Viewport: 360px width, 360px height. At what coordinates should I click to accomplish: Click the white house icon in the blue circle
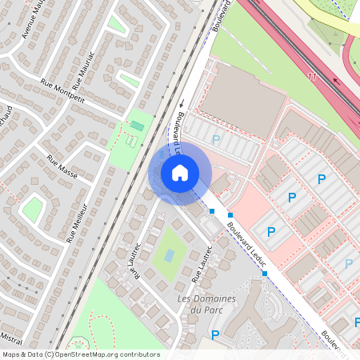tap(180, 172)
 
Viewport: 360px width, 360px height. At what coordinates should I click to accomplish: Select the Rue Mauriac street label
tap(83, 71)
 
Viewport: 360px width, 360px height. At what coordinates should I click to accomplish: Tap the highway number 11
tap(312, 76)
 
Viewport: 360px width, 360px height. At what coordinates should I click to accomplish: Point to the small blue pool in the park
tap(170, 255)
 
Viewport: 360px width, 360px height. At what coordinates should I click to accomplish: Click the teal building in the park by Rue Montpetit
tap(138, 126)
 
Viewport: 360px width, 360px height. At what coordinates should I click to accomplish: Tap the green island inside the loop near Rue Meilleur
tap(33, 210)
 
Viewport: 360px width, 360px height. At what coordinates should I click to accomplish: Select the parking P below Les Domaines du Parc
tap(214, 334)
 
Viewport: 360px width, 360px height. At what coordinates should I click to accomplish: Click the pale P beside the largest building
tap(215, 140)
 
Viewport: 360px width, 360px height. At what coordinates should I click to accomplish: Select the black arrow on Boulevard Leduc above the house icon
tap(182, 103)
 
